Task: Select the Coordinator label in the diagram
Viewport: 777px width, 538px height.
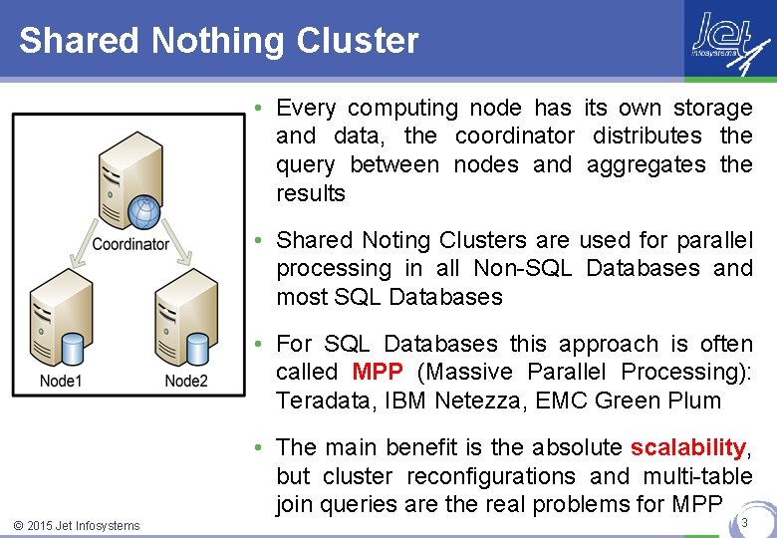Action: coord(130,244)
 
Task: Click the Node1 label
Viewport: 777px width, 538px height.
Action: coord(61,381)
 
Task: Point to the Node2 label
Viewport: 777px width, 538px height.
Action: coord(186,381)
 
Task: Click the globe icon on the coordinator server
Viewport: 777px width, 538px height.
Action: coord(145,210)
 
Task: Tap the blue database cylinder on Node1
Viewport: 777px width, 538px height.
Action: coord(72,350)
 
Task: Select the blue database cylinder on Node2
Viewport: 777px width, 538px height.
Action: coord(197,350)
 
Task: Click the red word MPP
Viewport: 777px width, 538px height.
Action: coord(378,373)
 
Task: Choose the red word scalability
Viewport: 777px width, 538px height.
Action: coord(687,447)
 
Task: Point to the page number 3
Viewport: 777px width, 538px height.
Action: coord(745,520)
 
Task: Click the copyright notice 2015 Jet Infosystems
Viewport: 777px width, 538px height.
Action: coord(77,525)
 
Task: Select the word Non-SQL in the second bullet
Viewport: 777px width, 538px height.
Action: coord(522,269)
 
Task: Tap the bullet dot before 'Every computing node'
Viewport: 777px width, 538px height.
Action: coord(257,108)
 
